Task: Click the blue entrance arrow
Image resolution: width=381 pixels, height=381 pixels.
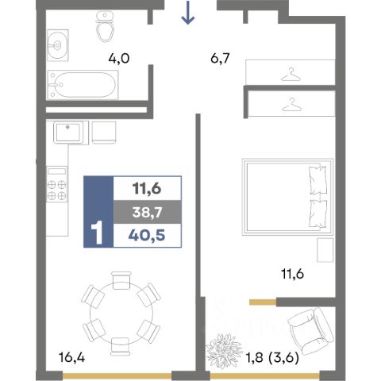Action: pos(188,13)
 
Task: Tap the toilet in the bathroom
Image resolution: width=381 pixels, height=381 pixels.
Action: pos(106,26)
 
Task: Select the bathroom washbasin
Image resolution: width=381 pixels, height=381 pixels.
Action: pos(58,45)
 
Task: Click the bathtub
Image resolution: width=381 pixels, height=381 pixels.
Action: pos(83,85)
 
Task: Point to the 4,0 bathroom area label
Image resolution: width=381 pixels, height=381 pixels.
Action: pos(119,59)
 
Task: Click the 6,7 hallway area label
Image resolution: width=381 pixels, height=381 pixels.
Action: pos(220,58)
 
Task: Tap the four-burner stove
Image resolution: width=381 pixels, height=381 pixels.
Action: pos(57,184)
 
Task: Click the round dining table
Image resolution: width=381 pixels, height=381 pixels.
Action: pos(121,314)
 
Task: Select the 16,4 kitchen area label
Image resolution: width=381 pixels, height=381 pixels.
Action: pos(71,358)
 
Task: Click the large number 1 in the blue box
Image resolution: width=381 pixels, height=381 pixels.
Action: pos(97,233)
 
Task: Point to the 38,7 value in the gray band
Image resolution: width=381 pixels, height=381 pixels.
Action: pos(147,212)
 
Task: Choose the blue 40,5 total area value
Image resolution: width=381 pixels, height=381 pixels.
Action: pos(147,235)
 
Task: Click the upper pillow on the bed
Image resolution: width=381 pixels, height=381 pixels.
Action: pos(317,180)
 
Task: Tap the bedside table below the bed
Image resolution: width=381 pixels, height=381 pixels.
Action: pos(325,250)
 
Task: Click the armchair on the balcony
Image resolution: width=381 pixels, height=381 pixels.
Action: pos(310,332)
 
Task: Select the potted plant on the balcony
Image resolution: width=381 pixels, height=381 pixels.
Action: pos(224,351)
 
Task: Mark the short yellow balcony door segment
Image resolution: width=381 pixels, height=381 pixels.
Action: pos(263,302)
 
